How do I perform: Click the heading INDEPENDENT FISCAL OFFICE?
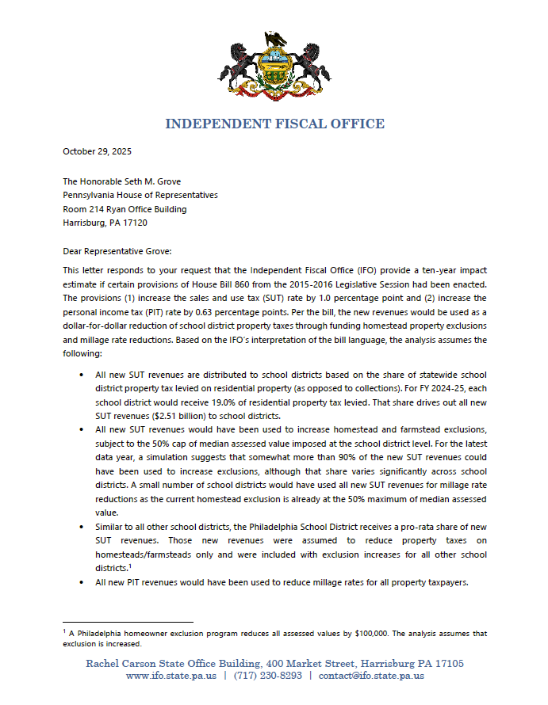274,124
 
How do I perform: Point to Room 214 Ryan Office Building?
125,209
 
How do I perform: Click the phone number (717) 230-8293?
267,676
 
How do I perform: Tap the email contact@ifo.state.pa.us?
370,676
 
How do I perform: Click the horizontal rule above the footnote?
128,622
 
